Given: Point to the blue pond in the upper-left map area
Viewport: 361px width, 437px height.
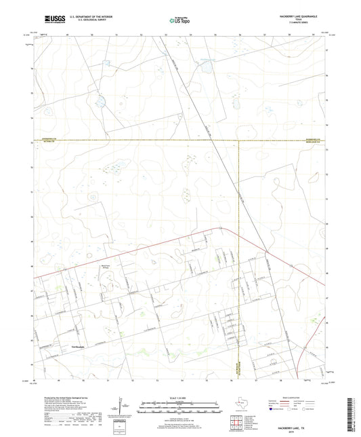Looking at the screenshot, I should coord(101,103).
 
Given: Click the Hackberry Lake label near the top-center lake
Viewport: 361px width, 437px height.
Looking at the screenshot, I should coord(205,58).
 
